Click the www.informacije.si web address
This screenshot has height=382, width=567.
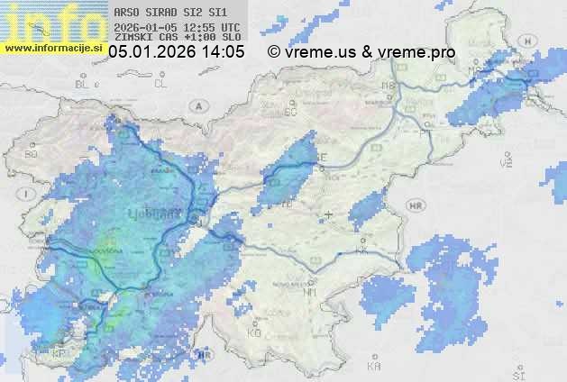point(54,48)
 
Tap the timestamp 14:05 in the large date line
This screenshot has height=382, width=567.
point(223,52)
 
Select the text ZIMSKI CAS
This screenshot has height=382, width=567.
point(144,38)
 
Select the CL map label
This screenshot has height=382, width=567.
point(160,84)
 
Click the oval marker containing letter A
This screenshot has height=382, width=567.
point(197,105)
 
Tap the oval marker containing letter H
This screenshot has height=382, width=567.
point(416,206)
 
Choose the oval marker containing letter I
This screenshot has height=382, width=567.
point(29,194)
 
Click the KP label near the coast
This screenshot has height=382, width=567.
point(59,353)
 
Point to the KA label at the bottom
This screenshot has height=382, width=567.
point(374,367)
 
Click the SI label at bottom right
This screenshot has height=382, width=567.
point(517,372)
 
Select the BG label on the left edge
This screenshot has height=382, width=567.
point(32,154)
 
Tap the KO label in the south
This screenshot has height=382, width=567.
point(253,333)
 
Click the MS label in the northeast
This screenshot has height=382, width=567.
point(474,70)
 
